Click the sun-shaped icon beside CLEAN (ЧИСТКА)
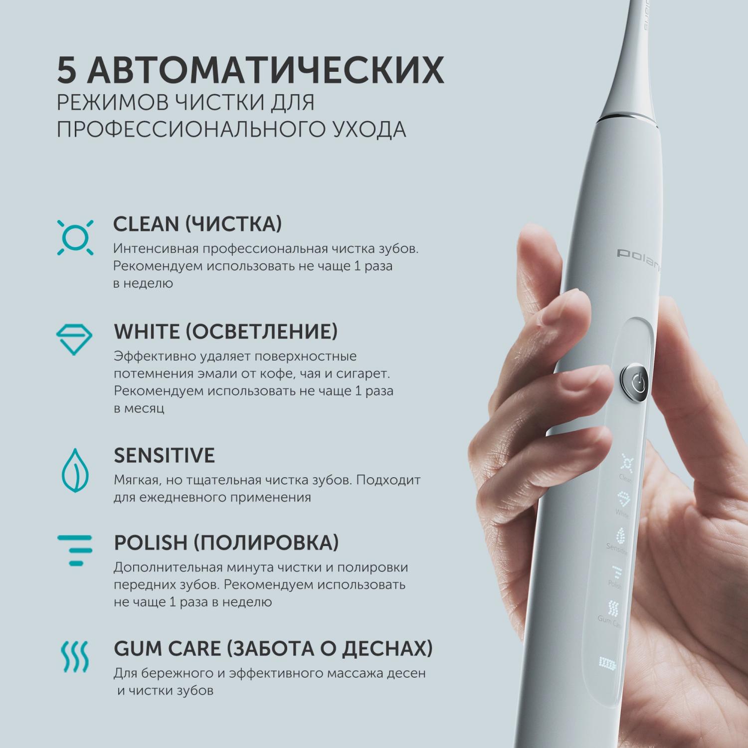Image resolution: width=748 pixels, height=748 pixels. click(x=75, y=237)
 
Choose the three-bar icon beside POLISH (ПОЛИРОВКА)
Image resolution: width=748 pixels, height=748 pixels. click(x=75, y=551)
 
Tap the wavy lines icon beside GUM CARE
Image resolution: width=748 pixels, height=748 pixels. click(x=75, y=656)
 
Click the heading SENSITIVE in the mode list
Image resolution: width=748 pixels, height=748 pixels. click(x=164, y=455)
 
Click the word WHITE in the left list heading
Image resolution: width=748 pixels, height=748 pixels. click(x=146, y=331)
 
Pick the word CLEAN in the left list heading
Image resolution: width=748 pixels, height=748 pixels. click(x=146, y=224)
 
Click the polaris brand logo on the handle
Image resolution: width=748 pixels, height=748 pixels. click(x=639, y=257)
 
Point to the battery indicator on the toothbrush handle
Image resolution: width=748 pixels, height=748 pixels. click(x=607, y=663)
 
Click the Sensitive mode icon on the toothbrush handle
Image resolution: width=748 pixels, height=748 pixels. click(x=621, y=536)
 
